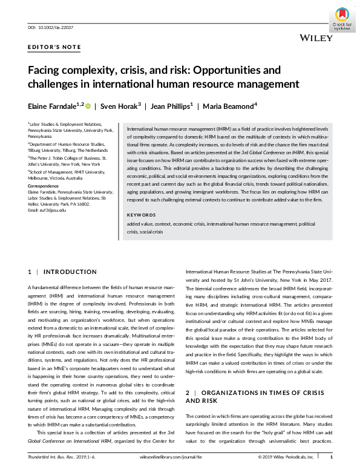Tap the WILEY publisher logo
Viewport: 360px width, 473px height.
tap(316, 38)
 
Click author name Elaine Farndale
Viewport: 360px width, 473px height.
tap(52, 105)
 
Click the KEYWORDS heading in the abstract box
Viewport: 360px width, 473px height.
tap(141, 215)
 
